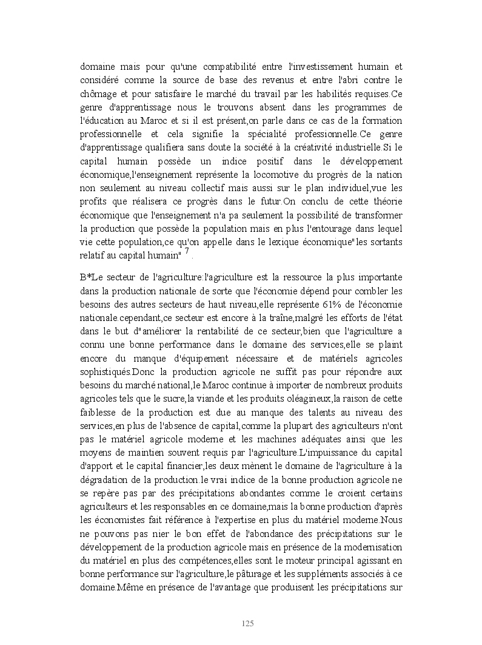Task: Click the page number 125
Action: tap(247, 624)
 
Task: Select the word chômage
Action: tap(98, 94)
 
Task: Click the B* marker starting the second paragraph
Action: tap(86, 277)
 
